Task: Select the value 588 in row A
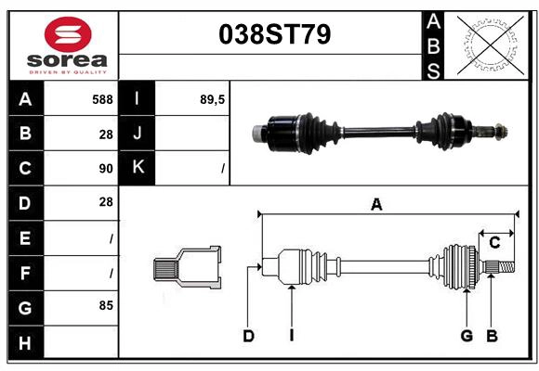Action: [x=102, y=99]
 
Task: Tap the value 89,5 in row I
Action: [x=213, y=99]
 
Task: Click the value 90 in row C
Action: [x=106, y=169]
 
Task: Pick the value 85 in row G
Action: [x=106, y=305]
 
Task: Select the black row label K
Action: [x=138, y=168]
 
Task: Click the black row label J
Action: [x=138, y=134]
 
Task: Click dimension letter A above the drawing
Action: [x=376, y=205]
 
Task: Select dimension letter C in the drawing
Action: [x=494, y=242]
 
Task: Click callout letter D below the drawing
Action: [x=248, y=336]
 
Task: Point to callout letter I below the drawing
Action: [x=291, y=336]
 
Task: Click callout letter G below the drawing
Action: [x=467, y=336]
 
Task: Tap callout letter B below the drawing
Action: [x=493, y=336]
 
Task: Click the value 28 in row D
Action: [x=106, y=202]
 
